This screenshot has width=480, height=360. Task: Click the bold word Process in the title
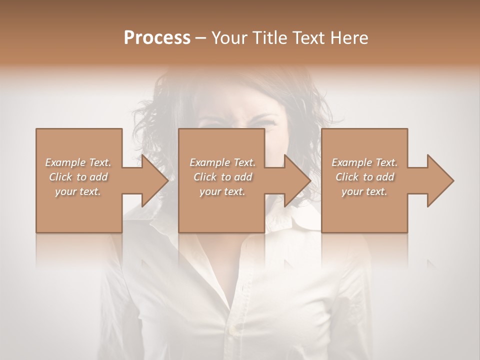pyautogui.click(x=157, y=38)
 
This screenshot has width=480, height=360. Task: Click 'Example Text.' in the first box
pyautogui.click(x=78, y=162)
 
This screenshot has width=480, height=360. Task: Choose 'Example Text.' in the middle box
pyautogui.click(x=222, y=162)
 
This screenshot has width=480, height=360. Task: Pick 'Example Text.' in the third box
pyautogui.click(x=364, y=162)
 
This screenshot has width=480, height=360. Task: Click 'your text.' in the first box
pyautogui.click(x=78, y=191)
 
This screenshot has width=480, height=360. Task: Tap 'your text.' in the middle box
pyautogui.click(x=222, y=191)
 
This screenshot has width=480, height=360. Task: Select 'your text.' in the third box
pyautogui.click(x=364, y=191)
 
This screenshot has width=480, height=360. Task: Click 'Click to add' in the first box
pyautogui.click(x=78, y=177)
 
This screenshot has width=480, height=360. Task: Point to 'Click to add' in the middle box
pyautogui.click(x=222, y=177)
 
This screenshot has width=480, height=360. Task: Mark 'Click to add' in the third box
pyautogui.click(x=364, y=177)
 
